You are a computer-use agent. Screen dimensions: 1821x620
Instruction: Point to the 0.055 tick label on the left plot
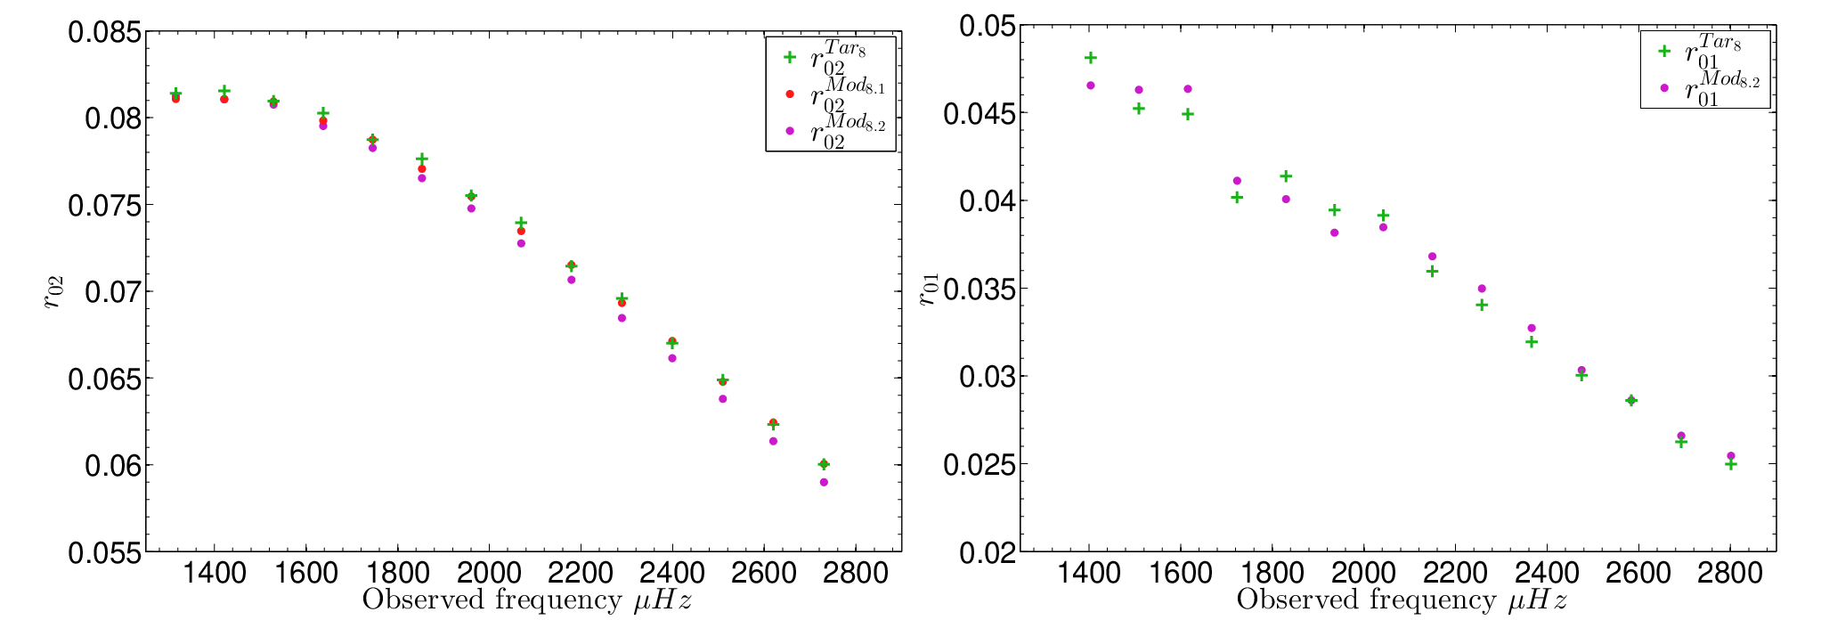point(104,552)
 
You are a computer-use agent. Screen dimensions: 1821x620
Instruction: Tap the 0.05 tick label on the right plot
point(987,26)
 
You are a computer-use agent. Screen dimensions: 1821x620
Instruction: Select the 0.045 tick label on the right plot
point(980,113)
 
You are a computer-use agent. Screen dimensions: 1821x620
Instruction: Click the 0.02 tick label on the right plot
point(987,552)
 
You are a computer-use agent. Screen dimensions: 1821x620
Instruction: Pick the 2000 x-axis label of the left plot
point(488,573)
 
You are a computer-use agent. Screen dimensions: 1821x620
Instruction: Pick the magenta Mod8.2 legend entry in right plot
point(1708,87)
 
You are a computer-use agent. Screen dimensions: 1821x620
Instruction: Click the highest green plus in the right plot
point(1090,58)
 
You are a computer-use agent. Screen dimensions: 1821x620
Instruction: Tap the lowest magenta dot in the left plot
point(824,482)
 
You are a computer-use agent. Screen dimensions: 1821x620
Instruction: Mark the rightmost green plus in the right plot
point(1731,464)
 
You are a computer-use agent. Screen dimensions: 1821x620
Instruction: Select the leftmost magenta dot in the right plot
point(1090,86)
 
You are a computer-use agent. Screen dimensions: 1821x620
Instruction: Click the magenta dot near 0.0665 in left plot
point(672,358)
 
